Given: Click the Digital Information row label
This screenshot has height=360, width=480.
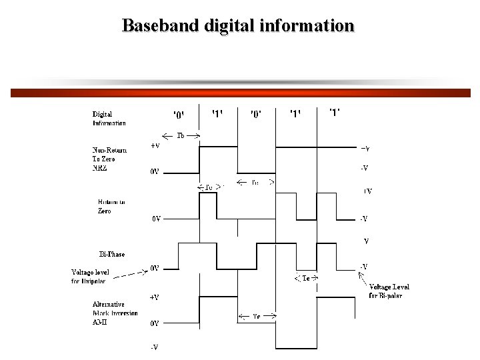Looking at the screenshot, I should (x=109, y=119).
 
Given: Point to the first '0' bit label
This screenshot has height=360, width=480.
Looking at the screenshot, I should (x=180, y=115).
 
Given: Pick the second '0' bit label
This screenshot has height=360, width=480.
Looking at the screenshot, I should (x=256, y=115).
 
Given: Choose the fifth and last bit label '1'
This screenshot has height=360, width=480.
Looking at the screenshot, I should (x=335, y=112).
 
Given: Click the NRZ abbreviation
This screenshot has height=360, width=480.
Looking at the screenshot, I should (x=99, y=167).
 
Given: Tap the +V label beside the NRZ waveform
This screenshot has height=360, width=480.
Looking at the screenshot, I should (x=155, y=145).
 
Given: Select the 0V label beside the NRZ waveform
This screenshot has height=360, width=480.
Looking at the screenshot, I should (x=154, y=171).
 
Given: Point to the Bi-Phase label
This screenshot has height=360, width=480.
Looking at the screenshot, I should (x=111, y=254).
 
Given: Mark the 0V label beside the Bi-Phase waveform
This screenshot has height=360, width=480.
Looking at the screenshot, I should (x=154, y=268).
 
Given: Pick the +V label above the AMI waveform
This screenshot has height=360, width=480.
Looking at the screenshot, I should (x=154, y=297).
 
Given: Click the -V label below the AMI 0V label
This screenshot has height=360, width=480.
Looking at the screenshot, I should (x=154, y=347).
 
